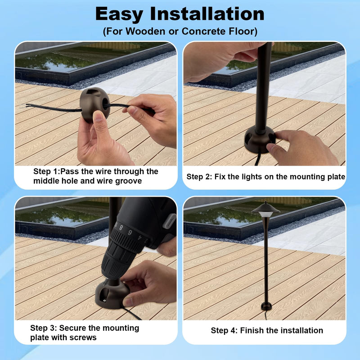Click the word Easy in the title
(119, 15)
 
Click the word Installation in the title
(207, 14)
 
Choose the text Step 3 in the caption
(43, 328)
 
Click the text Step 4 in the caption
(224, 331)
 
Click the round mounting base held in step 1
(94, 104)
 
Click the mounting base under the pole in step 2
(260, 140)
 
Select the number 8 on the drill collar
(121, 228)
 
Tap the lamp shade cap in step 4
(266, 208)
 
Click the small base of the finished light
(266, 306)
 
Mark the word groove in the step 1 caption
(128, 181)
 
